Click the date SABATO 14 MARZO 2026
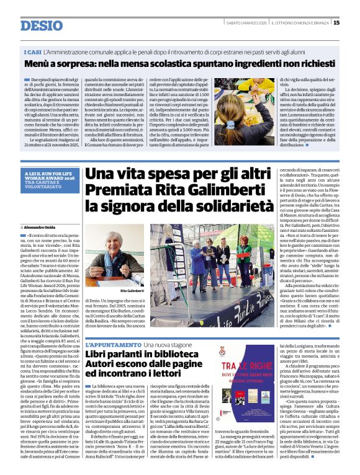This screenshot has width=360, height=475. (x=244, y=23)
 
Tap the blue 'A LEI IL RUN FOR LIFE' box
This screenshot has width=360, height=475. (x=50, y=180)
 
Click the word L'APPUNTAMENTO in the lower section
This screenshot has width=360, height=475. (x=113, y=344)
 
